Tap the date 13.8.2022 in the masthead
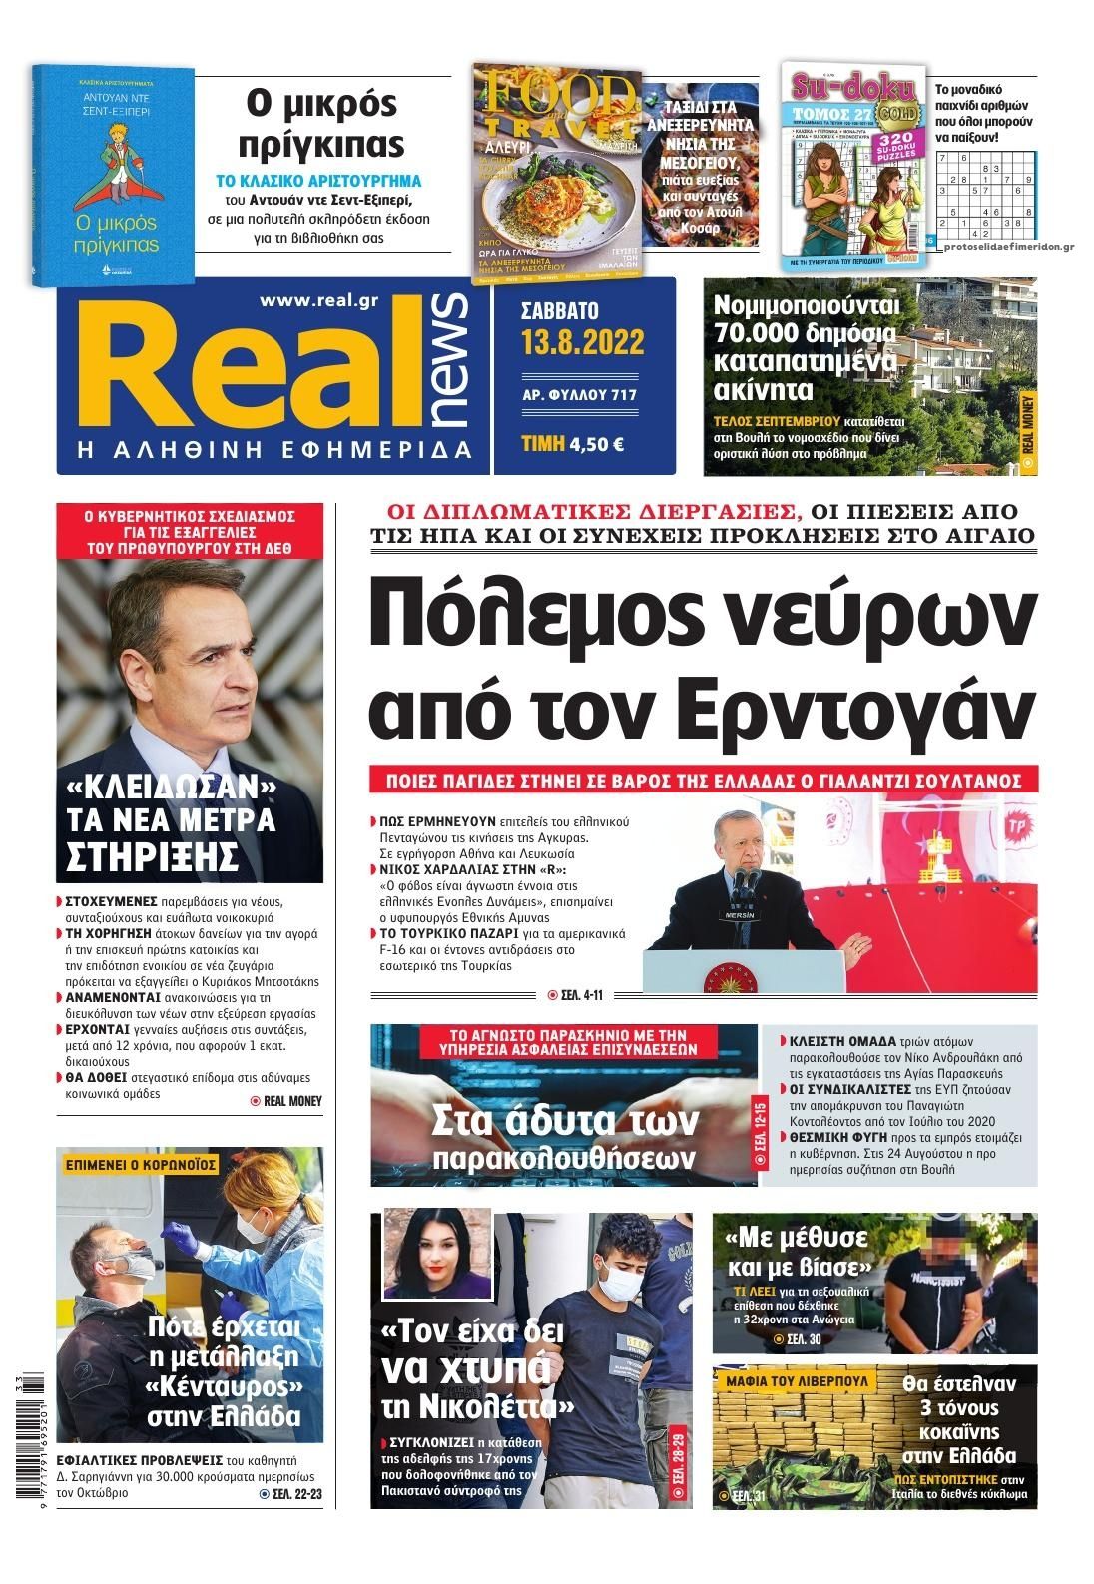582,343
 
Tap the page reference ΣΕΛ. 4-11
576,995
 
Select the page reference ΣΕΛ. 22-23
290,1494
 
